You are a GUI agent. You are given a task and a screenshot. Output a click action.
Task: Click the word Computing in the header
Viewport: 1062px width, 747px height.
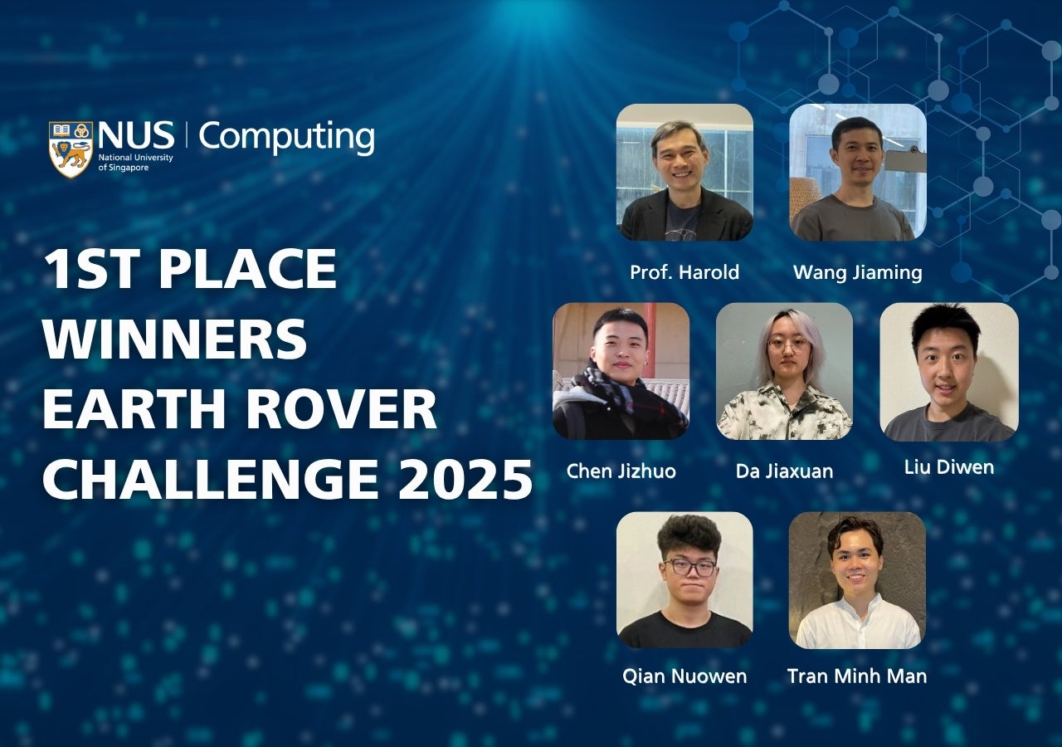[x=286, y=138]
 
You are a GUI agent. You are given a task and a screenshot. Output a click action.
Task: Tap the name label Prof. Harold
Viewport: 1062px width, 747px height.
[x=684, y=272]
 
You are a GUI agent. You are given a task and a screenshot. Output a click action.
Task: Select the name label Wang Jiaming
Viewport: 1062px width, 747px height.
[x=857, y=273]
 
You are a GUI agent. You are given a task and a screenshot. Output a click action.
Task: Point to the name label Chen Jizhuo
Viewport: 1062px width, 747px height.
[x=621, y=471]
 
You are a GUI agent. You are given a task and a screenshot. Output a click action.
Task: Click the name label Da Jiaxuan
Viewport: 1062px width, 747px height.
[x=784, y=471]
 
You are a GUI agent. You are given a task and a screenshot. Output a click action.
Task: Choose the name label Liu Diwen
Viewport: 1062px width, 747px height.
[x=948, y=467]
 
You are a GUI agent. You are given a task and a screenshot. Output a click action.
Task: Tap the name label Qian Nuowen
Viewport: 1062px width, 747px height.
[x=684, y=676]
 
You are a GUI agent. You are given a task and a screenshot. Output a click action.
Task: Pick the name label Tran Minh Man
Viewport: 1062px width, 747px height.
[x=857, y=676]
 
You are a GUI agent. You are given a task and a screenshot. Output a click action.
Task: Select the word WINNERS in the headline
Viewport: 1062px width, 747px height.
[x=175, y=339]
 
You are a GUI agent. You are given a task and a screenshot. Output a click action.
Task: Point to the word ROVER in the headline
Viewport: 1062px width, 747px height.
[x=341, y=408]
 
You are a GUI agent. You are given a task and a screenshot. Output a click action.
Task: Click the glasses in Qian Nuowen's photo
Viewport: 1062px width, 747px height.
[x=689, y=567]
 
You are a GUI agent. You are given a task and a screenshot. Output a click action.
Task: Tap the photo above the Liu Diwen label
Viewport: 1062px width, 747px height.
[x=949, y=372]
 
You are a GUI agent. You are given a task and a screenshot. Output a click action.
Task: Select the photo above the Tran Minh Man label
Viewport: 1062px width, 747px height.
[x=857, y=580]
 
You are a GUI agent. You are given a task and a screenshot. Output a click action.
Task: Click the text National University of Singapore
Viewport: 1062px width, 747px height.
[x=135, y=162]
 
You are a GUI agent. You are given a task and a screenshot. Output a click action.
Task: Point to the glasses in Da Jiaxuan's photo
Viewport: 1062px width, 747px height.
[x=787, y=344]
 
